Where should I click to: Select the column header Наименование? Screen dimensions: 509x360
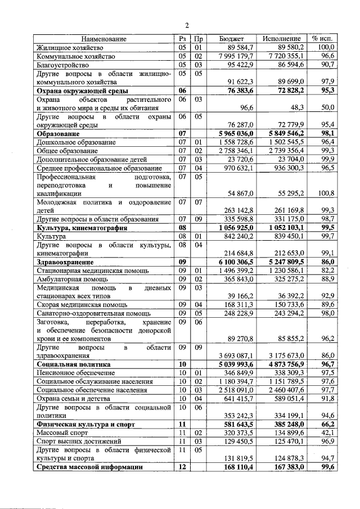(103, 39)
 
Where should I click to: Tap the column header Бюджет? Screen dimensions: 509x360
(231, 39)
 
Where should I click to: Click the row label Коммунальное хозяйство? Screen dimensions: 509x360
(76, 56)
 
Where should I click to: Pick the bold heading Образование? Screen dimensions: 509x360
(58, 134)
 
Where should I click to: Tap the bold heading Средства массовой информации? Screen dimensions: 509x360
(94, 467)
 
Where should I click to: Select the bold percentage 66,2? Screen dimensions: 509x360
(327, 424)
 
